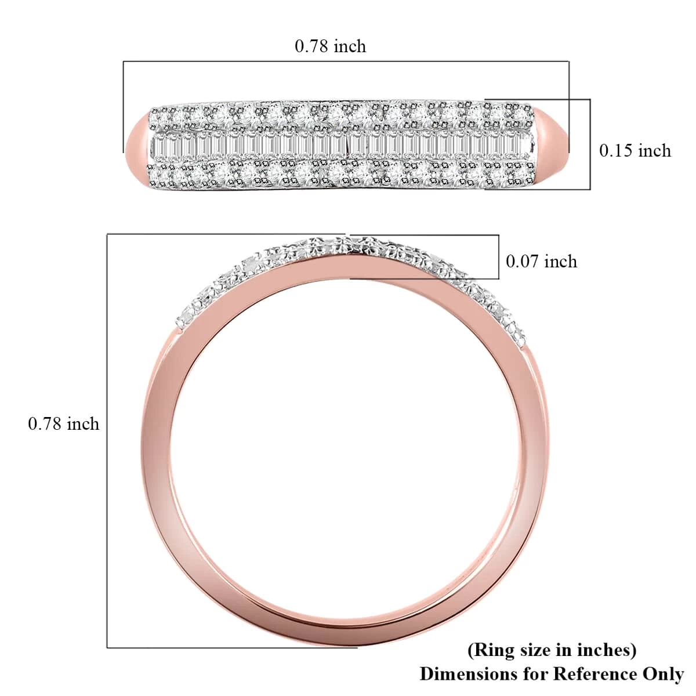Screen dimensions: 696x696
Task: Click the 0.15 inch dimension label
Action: click(635, 151)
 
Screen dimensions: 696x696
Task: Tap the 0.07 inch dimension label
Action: click(541, 262)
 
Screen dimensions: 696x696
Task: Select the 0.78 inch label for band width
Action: click(331, 46)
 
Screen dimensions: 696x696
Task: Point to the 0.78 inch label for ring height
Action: click(64, 424)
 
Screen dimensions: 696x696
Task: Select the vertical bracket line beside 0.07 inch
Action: click(499, 257)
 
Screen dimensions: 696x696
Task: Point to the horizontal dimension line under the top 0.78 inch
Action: click(346, 61)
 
